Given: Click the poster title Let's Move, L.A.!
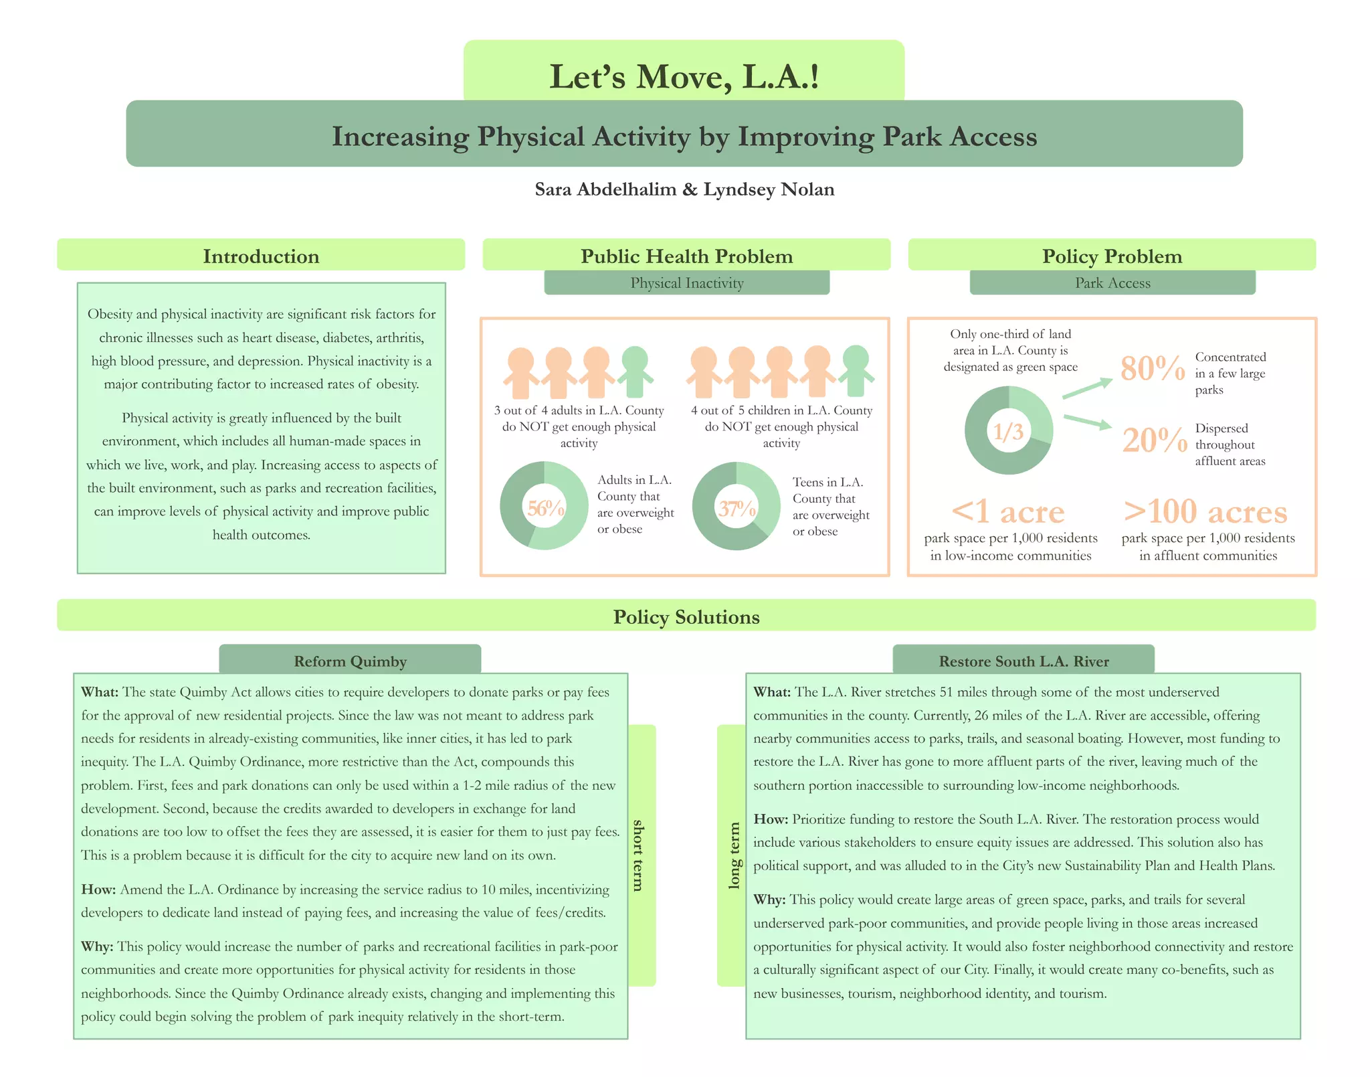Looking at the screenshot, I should pos(684,76).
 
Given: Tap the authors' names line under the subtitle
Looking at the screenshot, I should pos(684,189).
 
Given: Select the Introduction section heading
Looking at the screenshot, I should pos(261,256).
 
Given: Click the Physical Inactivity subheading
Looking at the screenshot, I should pos(686,283).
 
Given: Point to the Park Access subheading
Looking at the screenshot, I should pos(1112,283).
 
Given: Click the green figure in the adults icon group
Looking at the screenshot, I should pos(635,371).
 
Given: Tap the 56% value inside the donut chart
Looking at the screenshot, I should pos(545,508).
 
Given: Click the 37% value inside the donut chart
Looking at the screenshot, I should pos(737,509).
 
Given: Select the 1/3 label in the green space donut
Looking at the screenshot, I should pos(1008,431).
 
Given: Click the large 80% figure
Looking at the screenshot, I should pos(1152,368).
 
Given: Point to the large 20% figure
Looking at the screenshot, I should pos(1154,440).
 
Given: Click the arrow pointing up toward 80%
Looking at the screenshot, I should pos(1087,388).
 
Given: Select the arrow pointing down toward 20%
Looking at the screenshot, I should pos(1087,422).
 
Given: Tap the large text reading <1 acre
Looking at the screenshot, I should pos(1007,512).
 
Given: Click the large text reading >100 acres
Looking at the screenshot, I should pos(1205,512).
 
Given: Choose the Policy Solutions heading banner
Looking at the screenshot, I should pos(686,616).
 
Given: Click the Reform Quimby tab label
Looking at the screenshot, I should pos(350,661).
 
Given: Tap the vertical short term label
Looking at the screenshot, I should pos(639,855).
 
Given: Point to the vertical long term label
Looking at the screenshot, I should pos(734,855).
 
